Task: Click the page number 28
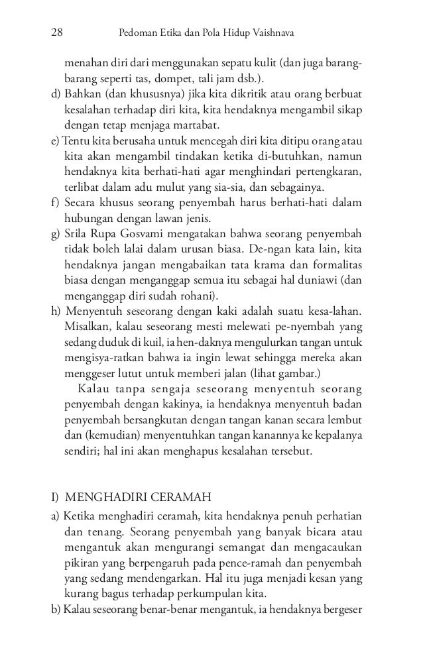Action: point(58,32)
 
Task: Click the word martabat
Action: point(201,125)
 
